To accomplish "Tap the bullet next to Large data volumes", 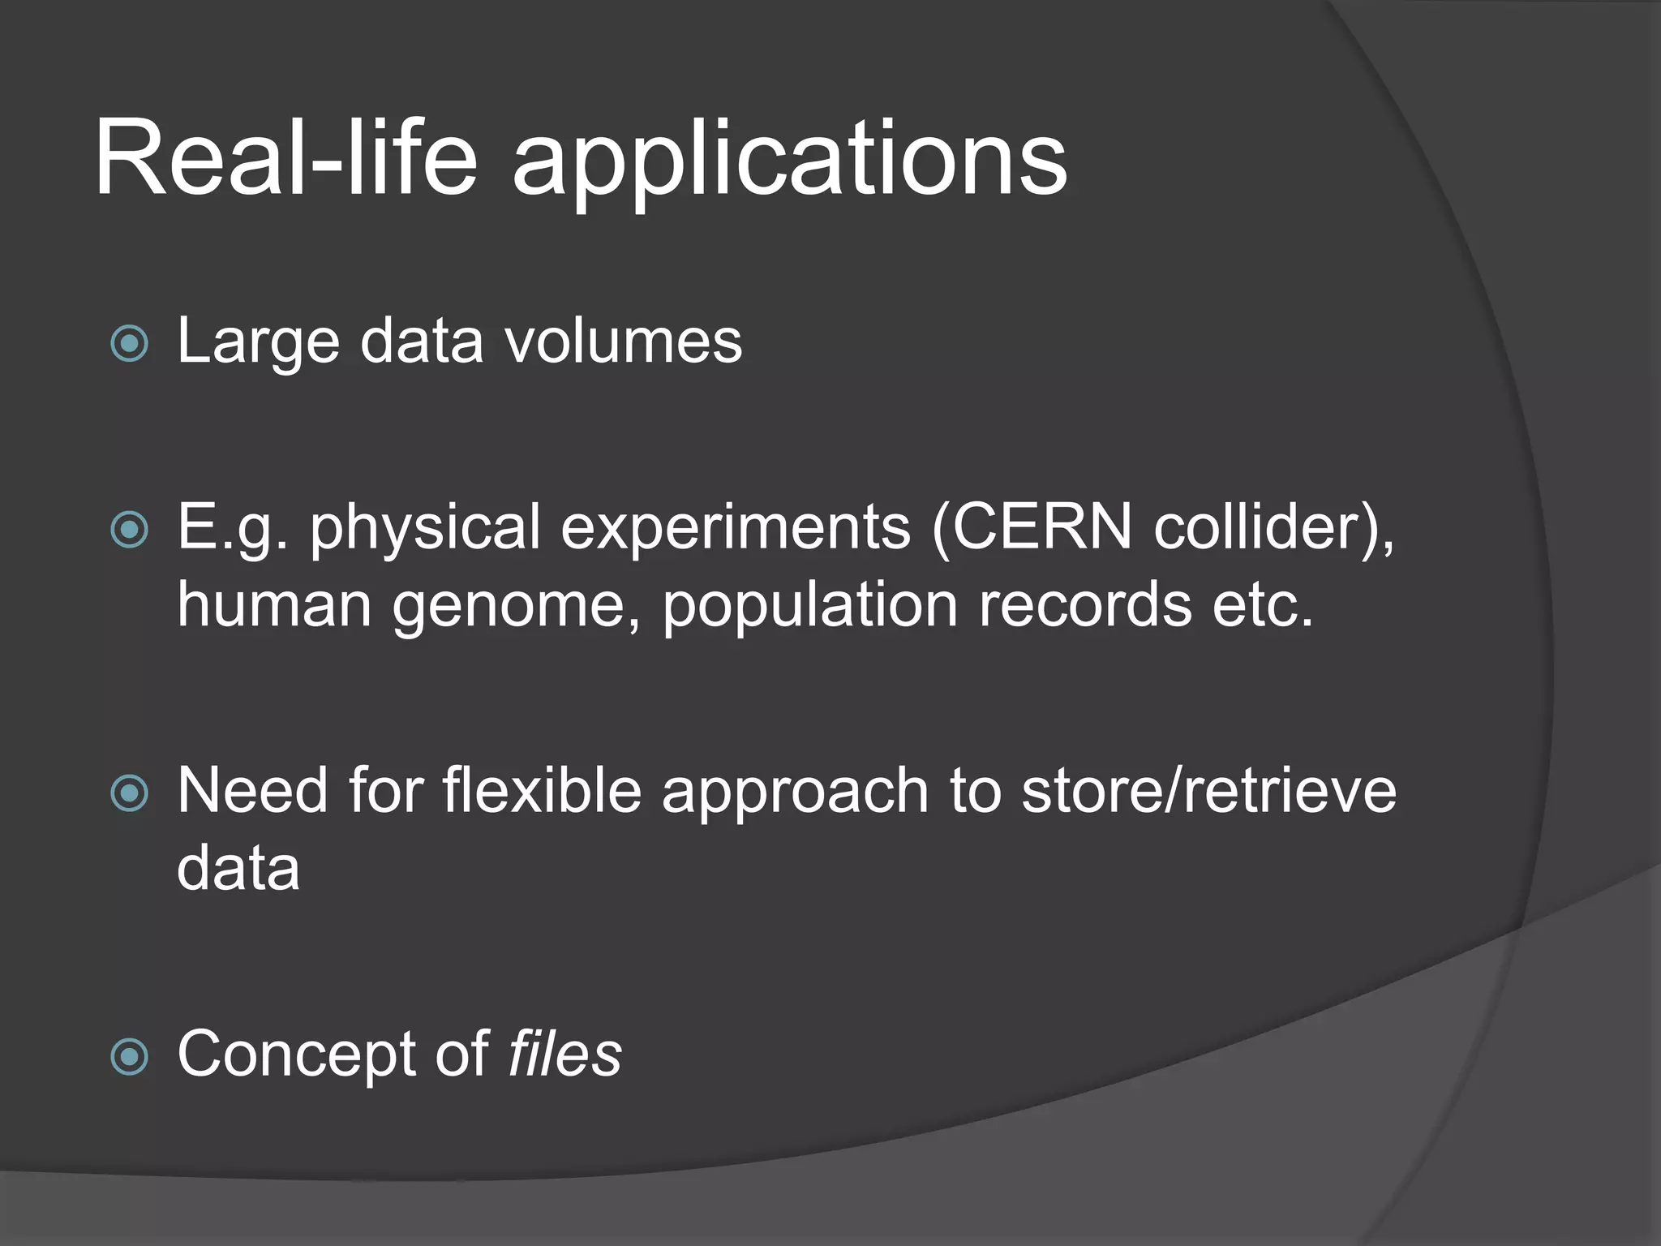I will [130, 344].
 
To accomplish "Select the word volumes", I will [624, 341].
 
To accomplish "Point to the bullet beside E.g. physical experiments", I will [130, 531].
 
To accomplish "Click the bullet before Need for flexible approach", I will [130, 793].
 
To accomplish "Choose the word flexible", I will [542, 790].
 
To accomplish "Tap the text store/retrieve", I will [1208, 790].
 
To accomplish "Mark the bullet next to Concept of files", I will [130, 1057].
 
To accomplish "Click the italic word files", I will [564, 1053].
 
